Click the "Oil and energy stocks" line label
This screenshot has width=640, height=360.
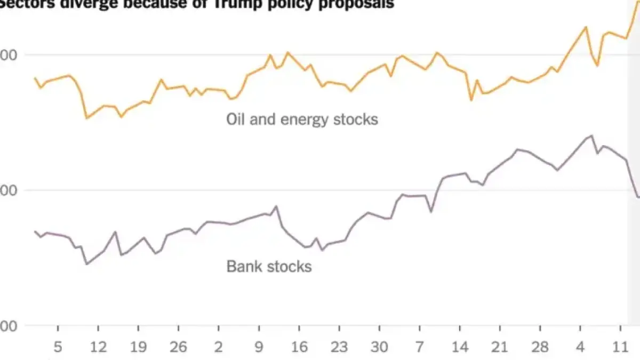coord(302,119)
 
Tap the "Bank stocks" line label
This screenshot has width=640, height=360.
coord(269,266)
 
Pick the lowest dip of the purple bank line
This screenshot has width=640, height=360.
coord(86,264)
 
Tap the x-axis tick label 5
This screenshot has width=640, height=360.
coord(58,347)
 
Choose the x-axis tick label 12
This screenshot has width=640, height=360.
coord(98,347)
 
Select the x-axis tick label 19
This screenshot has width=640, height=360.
coord(138,347)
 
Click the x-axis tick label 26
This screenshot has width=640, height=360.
coord(178,347)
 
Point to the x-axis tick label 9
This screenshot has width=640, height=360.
coord(259,347)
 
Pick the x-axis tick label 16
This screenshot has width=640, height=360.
coord(299,347)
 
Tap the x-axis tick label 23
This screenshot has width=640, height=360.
coord(339,347)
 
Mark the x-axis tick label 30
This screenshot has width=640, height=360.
coord(379,347)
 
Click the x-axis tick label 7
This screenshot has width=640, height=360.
coord(419,347)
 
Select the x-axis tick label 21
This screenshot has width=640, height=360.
coord(500,347)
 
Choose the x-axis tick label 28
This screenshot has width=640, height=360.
coord(540,347)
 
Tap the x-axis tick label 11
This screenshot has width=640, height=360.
coord(620,347)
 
